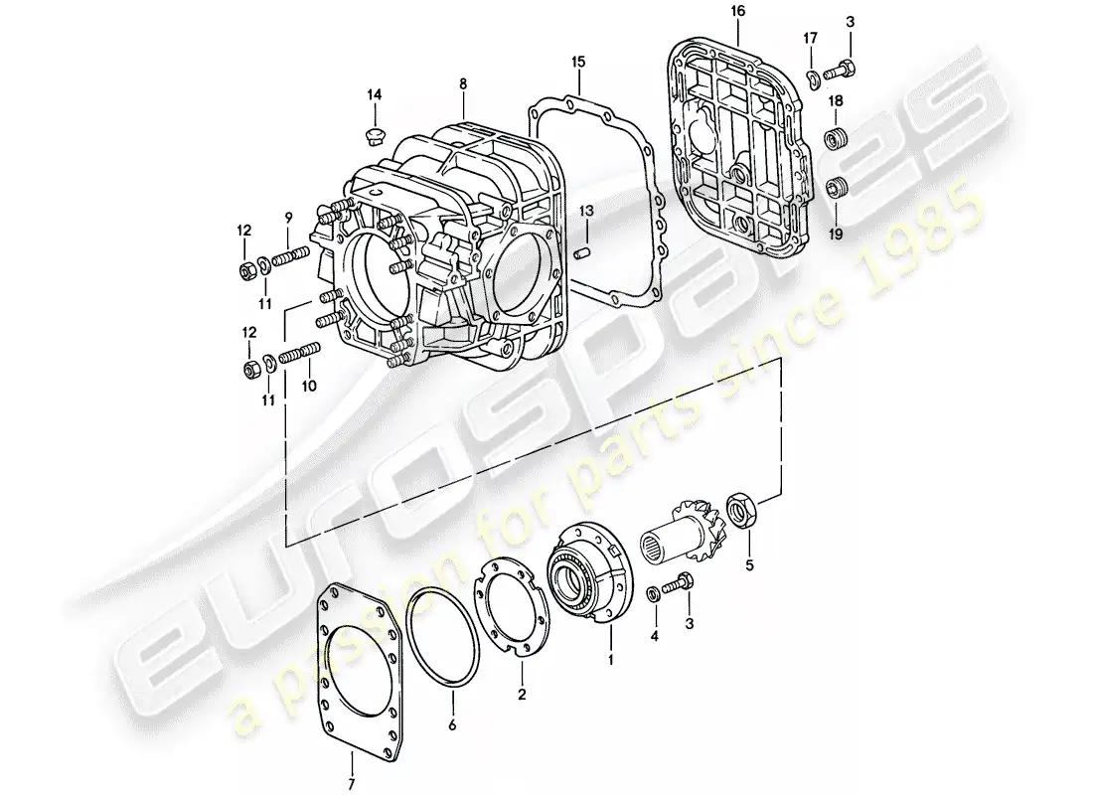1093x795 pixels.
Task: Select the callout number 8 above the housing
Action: point(462,85)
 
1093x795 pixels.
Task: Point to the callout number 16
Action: point(735,11)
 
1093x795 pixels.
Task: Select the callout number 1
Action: point(611,658)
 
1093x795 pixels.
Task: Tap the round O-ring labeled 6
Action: point(443,636)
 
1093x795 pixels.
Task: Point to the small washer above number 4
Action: point(651,593)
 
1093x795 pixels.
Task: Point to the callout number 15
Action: point(578,62)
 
